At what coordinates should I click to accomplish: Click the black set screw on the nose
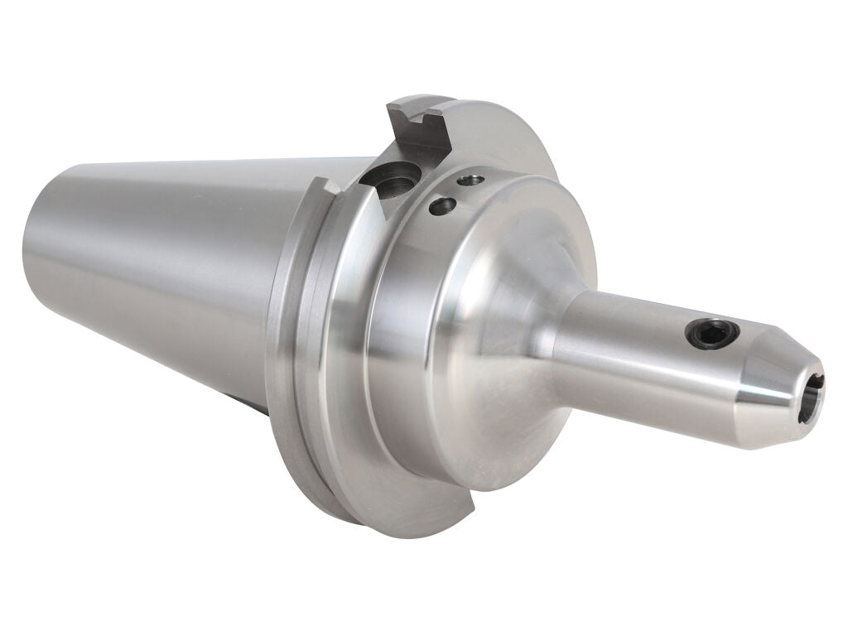[x=711, y=334]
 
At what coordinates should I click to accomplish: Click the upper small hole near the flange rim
[x=470, y=179]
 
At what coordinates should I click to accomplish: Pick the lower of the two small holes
[x=442, y=205]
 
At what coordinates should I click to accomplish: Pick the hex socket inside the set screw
[x=711, y=334]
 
